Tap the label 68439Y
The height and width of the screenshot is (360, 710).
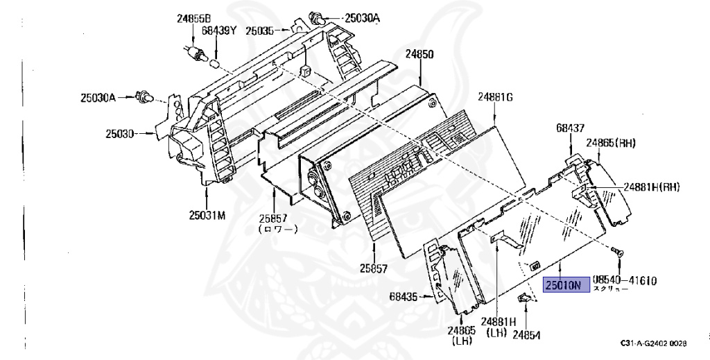220,31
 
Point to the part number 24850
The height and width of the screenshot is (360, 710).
419,54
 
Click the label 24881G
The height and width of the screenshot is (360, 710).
495,97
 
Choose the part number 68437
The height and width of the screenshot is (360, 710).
570,128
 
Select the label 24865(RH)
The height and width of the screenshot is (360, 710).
611,143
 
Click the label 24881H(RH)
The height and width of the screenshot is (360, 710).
650,186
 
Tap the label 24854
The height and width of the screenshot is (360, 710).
526,334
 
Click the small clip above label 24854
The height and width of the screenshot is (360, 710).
526,298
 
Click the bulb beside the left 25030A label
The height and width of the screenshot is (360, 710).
145,98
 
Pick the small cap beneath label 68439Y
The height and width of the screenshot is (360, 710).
216,64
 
